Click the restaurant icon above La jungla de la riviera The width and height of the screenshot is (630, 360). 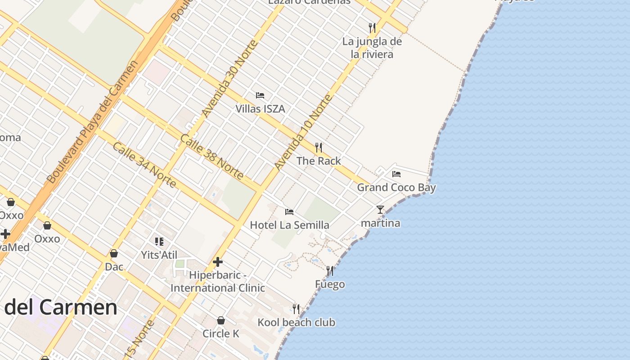[372, 28]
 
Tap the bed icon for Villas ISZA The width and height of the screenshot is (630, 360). [260, 95]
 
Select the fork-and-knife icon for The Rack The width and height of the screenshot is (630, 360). [319, 147]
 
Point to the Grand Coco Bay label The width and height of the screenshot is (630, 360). [396, 187]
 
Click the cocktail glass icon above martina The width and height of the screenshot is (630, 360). [380, 210]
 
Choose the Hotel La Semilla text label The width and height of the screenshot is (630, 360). [289, 225]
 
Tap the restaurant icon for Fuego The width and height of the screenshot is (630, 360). [330, 271]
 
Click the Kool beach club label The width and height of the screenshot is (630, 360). [296, 322]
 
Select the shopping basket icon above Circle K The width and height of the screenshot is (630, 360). [221, 320]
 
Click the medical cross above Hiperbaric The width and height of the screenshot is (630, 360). [218, 262]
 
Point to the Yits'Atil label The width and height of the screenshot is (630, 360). [159, 255]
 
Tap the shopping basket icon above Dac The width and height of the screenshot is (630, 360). [114, 254]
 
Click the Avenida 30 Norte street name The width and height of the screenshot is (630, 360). [229, 79]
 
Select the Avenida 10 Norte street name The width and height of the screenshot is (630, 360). [303, 132]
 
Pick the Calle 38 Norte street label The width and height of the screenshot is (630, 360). [211, 156]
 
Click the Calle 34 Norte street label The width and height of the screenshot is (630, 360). [144, 165]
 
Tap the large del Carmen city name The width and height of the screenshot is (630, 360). [61, 307]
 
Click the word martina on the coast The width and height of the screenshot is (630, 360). [380, 223]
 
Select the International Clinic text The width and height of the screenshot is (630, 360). [218, 288]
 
